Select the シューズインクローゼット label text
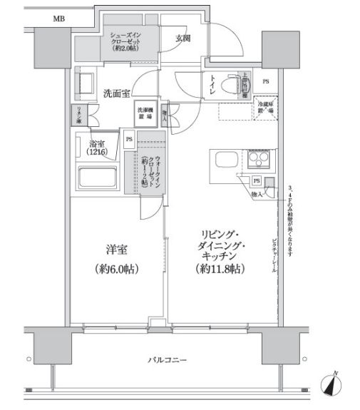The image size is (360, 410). [x=129, y=41]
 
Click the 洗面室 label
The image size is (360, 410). [x=115, y=93]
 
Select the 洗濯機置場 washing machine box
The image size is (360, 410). [x=145, y=111]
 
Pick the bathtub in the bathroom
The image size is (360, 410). [x=99, y=178]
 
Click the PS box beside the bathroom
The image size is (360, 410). [x=129, y=140]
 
